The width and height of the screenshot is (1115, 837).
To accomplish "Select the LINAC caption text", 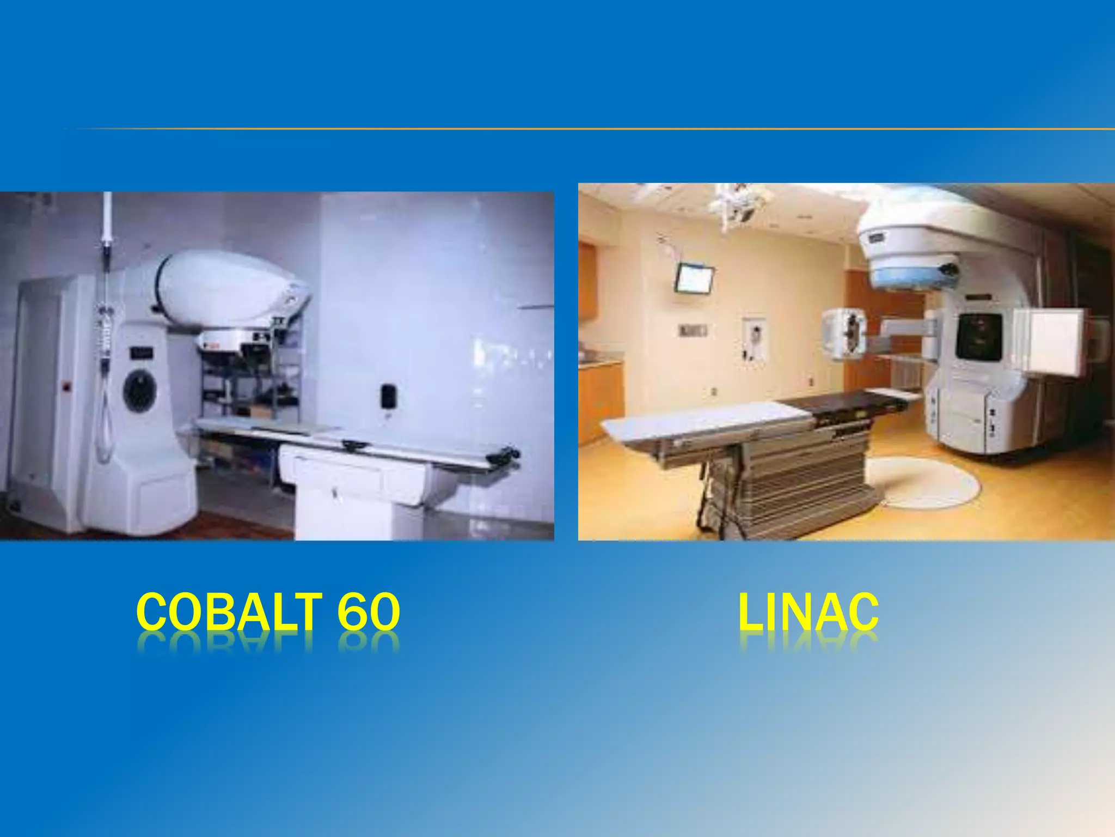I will [808, 611].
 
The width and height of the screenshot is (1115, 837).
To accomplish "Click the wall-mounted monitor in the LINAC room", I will [694, 278].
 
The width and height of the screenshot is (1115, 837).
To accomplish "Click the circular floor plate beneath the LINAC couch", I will [920, 482].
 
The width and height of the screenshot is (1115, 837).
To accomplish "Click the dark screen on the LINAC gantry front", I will [979, 336].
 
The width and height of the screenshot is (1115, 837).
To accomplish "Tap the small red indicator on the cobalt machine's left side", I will [68, 387].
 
